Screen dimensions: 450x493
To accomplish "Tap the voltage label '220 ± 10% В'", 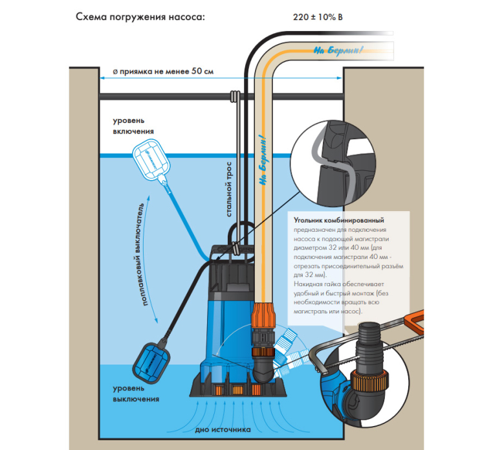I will pyautogui.click(x=318, y=17).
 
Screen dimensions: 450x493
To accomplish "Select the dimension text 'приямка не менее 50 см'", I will pyautogui.click(x=163, y=71).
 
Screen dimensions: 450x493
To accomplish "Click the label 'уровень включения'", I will pyautogui.click(x=133, y=126).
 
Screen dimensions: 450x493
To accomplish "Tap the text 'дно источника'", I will pyautogui.click(x=221, y=430).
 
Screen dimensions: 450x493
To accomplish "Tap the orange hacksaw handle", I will pyautogui.click(x=415, y=319).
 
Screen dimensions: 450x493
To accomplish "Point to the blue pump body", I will pyautogui.click(x=226, y=324).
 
